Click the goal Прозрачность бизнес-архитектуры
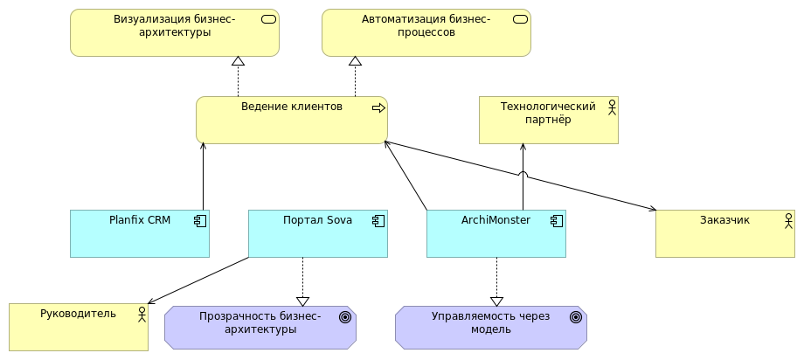click(x=260, y=327)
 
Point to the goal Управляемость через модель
click(x=490, y=327)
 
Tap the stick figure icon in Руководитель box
click(x=142, y=314)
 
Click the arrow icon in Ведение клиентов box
click(x=378, y=107)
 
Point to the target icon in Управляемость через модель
click(x=576, y=317)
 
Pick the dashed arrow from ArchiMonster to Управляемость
click(x=496, y=280)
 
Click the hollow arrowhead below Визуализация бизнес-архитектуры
click(x=238, y=61)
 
